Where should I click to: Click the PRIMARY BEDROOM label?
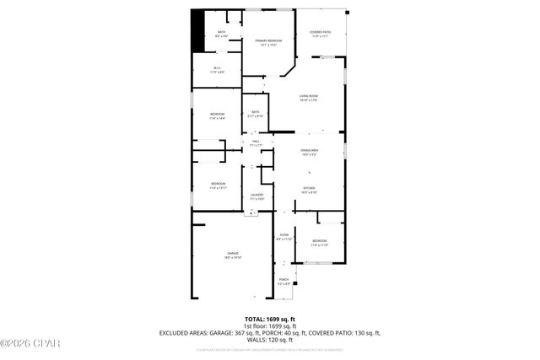click(x=268, y=41)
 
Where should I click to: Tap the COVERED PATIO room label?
click(x=321, y=35)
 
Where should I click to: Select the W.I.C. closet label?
click(x=218, y=71)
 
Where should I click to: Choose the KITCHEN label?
click(x=309, y=191)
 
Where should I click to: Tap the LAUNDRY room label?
click(x=257, y=196)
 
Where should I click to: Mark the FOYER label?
click(x=283, y=238)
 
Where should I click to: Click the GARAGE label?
click(x=232, y=255)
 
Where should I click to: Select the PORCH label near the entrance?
click(x=283, y=282)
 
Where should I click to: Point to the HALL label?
click(x=256, y=143)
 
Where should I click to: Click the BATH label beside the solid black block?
click(x=221, y=34)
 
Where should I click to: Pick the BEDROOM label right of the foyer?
click(x=320, y=243)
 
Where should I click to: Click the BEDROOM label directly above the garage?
click(x=218, y=185)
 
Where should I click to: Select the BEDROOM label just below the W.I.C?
click(x=218, y=116)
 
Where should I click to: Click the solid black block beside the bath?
click(x=198, y=31)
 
